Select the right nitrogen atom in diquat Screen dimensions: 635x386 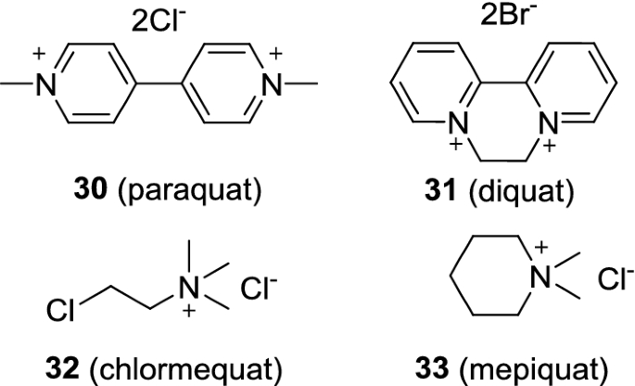(526, 122)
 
